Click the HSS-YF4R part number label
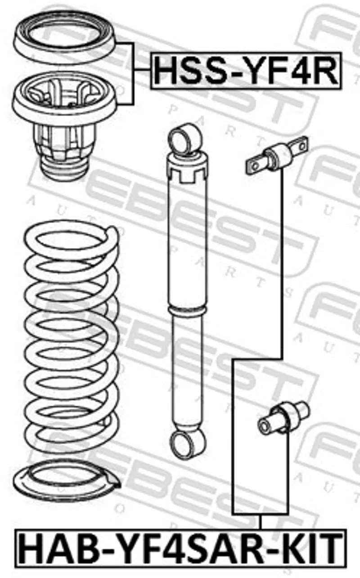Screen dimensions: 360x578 (x=246, y=71)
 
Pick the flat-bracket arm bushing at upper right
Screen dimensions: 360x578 (x=277, y=156)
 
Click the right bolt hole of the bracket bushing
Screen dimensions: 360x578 (x=302, y=147)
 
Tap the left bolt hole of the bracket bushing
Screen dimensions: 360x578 (x=255, y=166)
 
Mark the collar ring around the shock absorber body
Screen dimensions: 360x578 (x=188, y=309)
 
